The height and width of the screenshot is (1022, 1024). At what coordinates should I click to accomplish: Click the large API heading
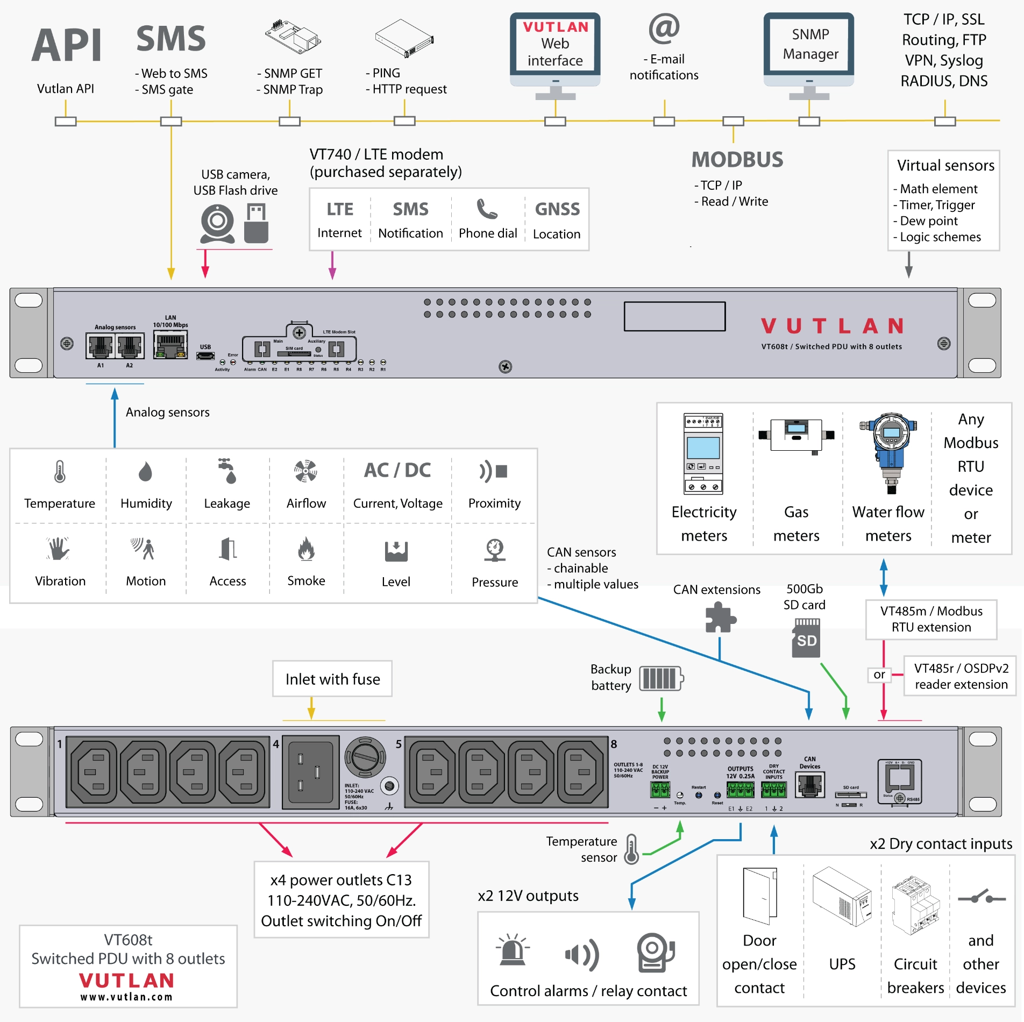tap(67, 46)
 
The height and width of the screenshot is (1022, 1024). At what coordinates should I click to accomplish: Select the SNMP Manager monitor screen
tap(809, 45)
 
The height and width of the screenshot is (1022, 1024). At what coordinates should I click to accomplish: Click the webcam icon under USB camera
tap(217, 223)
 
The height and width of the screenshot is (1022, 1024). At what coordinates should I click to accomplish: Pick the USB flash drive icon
tap(256, 223)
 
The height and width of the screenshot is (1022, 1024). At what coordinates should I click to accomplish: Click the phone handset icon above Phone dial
tap(487, 209)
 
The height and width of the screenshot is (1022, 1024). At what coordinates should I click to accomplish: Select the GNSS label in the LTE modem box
tap(557, 209)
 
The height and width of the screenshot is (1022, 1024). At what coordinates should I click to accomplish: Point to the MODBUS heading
tap(737, 160)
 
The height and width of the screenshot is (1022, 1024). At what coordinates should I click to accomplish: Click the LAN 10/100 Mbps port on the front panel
tap(170, 344)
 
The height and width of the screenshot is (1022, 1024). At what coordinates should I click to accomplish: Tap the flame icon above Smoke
tap(306, 549)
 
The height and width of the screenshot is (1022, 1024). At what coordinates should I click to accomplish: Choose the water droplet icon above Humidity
tap(145, 472)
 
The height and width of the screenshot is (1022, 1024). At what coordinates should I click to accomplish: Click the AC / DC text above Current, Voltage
tap(397, 470)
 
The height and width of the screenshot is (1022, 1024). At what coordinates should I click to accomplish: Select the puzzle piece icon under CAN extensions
tap(720, 618)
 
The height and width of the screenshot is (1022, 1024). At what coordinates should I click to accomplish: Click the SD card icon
tap(806, 638)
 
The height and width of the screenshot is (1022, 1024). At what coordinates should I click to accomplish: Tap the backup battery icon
tap(661, 678)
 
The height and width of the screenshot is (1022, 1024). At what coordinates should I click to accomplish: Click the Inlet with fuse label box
tap(332, 679)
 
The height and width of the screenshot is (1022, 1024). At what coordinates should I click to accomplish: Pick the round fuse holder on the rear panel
tap(365, 758)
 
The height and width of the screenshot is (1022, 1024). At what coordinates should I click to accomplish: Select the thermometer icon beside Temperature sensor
tap(632, 849)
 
